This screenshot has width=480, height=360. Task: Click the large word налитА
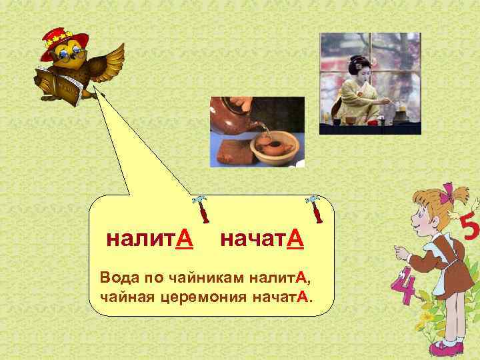pos(150,239)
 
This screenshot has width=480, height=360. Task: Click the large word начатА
pos(261,239)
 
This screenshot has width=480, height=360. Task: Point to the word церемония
pos(205,295)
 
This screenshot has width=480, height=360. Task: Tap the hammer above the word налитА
pos(201,208)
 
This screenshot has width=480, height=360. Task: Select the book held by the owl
pos(56,83)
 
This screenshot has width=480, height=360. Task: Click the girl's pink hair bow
pos(457,194)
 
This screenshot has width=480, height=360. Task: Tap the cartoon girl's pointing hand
pos(399,251)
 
